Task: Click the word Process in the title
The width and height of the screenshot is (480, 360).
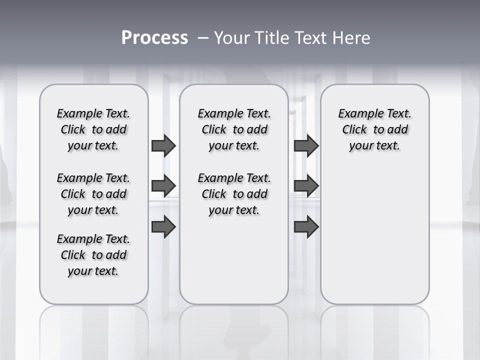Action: pyautogui.click(x=154, y=38)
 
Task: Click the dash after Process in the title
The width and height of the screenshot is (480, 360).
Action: pyautogui.click(x=202, y=38)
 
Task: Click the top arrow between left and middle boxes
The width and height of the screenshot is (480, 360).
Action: pyautogui.click(x=163, y=145)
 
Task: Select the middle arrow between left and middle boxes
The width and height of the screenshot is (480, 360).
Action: pyautogui.click(x=163, y=186)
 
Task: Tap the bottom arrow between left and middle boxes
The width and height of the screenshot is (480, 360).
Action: pyautogui.click(x=163, y=227)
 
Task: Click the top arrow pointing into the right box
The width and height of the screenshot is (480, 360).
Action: pyautogui.click(x=306, y=145)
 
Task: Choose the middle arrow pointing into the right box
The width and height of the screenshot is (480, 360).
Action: pyautogui.click(x=306, y=186)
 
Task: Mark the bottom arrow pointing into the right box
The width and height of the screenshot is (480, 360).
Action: pyautogui.click(x=306, y=227)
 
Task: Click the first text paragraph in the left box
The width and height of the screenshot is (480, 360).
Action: pyautogui.click(x=93, y=129)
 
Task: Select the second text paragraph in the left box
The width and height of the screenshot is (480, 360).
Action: pyautogui.click(x=93, y=194)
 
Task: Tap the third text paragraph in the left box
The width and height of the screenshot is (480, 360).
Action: pyautogui.click(x=93, y=255)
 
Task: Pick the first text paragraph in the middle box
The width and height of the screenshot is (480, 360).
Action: pyautogui.click(x=234, y=129)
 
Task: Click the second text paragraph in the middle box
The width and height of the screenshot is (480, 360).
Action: pyautogui.click(x=234, y=194)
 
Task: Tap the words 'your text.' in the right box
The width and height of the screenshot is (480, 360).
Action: pyautogui.click(x=374, y=145)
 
